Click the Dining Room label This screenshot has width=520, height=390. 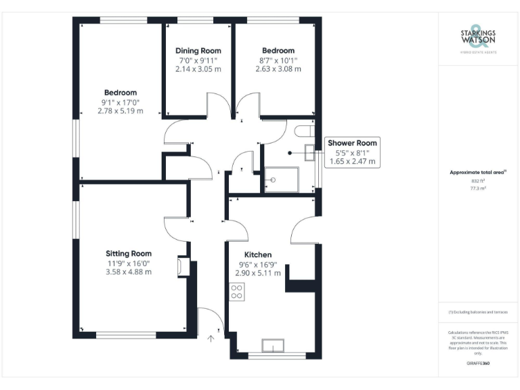pos(198,51)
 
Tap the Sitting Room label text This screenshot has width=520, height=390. pos(128,253)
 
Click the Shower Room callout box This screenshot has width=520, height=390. pos(352,152)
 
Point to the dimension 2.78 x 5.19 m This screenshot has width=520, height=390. pos(121,111)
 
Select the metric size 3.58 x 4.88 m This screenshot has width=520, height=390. pos(128,272)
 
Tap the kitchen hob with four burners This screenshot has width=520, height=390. pos(238,292)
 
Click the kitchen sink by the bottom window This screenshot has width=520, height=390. pos(274,345)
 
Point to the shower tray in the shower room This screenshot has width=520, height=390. pos(280,179)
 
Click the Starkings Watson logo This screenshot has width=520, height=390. pos(478,38)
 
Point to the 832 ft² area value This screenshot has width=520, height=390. pos(478,181)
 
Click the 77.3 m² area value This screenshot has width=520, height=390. pos(478,188)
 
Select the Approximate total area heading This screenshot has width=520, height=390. pos(477,173)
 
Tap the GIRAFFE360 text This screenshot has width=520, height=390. pos(478,364)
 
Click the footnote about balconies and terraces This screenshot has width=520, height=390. pos(478,311)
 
